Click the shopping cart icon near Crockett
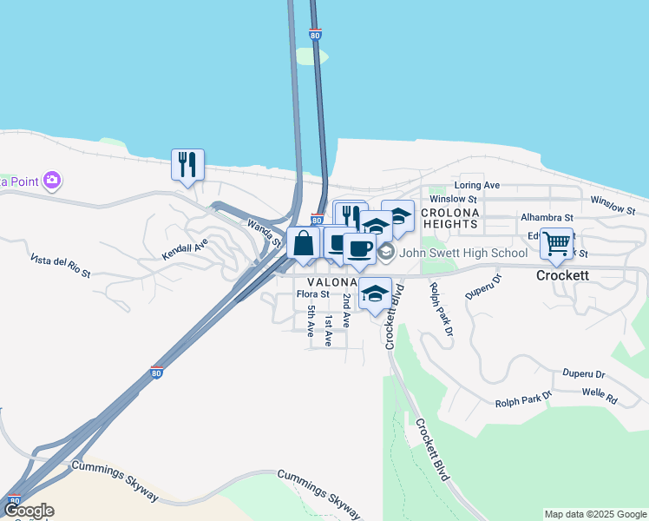(x=556, y=243)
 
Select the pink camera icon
(x=52, y=181)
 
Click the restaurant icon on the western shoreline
(x=187, y=164)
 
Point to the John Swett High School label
(x=464, y=253)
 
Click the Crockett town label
(x=562, y=275)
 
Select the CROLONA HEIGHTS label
(x=449, y=218)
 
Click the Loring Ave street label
(x=477, y=186)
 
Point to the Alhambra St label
(x=547, y=217)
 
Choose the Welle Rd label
(x=599, y=399)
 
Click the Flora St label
(x=313, y=294)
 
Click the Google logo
(x=28, y=511)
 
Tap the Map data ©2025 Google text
(x=595, y=514)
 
